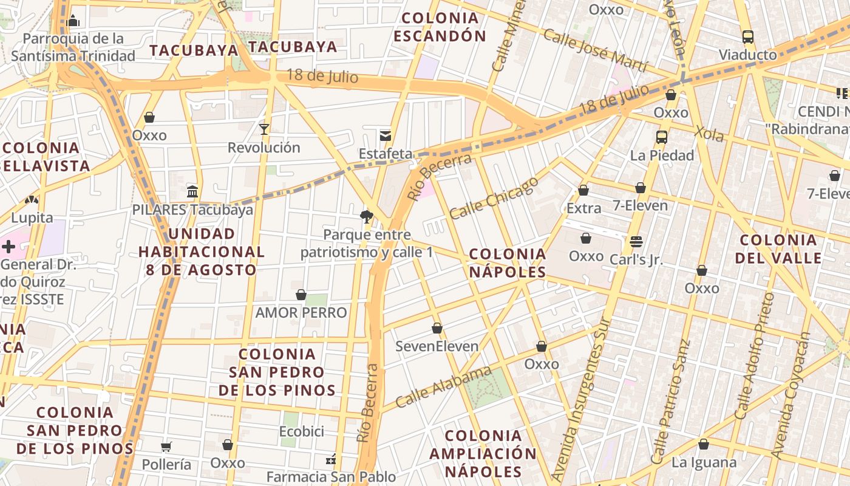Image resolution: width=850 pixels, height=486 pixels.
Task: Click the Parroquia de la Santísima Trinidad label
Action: (73, 47)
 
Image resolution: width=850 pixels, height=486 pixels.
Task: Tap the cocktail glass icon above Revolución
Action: (264, 129)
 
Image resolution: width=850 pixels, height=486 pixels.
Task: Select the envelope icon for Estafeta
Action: (385, 135)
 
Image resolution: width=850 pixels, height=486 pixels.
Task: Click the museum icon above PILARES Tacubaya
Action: (192, 192)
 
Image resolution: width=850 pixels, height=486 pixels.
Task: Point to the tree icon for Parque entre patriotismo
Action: (366, 216)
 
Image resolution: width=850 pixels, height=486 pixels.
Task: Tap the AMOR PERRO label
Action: (301, 313)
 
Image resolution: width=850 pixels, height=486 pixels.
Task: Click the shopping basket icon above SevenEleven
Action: (437, 329)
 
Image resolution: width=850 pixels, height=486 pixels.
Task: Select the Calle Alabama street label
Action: (443, 387)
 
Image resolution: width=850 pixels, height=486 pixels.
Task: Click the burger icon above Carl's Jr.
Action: (636, 242)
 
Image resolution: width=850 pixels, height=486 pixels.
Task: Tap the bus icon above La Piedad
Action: (662, 137)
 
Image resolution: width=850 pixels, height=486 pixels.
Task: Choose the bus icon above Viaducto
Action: (748, 36)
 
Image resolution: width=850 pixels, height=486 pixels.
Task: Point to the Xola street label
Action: (709, 133)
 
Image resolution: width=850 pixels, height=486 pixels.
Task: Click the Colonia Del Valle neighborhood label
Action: (778, 248)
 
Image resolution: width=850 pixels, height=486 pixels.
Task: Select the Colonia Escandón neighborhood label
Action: (440, 27)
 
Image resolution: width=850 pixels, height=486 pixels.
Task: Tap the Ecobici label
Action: (301, 431)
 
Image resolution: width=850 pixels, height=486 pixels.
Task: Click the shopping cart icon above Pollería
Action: (166, 447)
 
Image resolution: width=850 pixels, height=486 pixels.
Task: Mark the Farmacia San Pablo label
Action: (331, 477)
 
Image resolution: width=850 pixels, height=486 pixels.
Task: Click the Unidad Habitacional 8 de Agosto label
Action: (201, 252)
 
